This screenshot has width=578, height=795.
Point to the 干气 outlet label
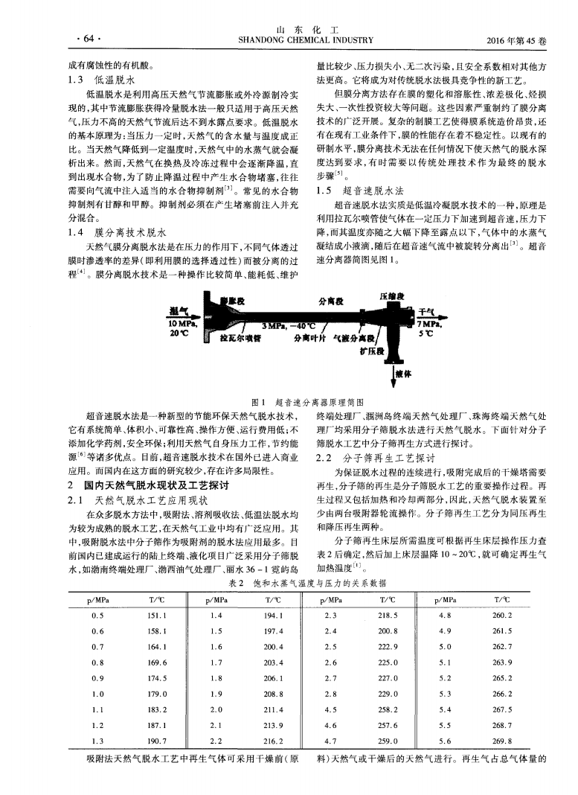click(x=427, y=312)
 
